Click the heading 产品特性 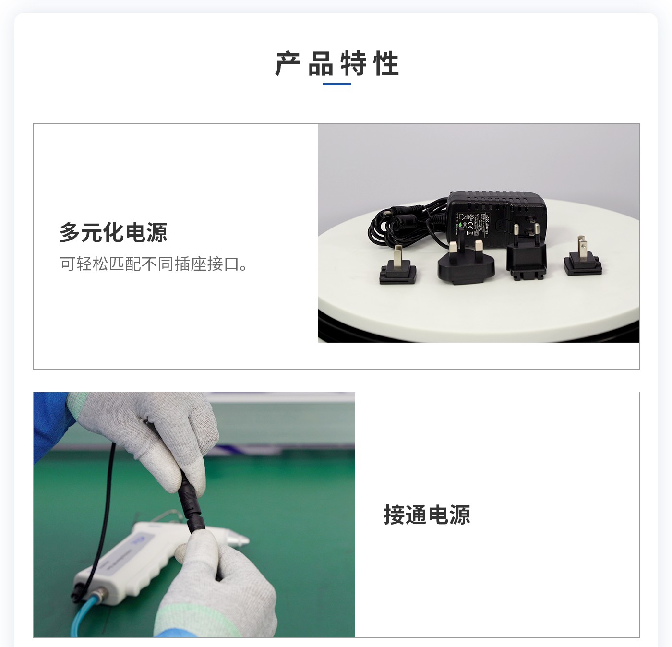(x=337, y=64)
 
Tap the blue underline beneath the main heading (x=337, y=84)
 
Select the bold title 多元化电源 (x=113, y=233)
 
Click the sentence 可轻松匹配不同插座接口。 (x=154, y=264)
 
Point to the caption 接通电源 (x=427, y=515)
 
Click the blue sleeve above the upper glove (x=50, y=422)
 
